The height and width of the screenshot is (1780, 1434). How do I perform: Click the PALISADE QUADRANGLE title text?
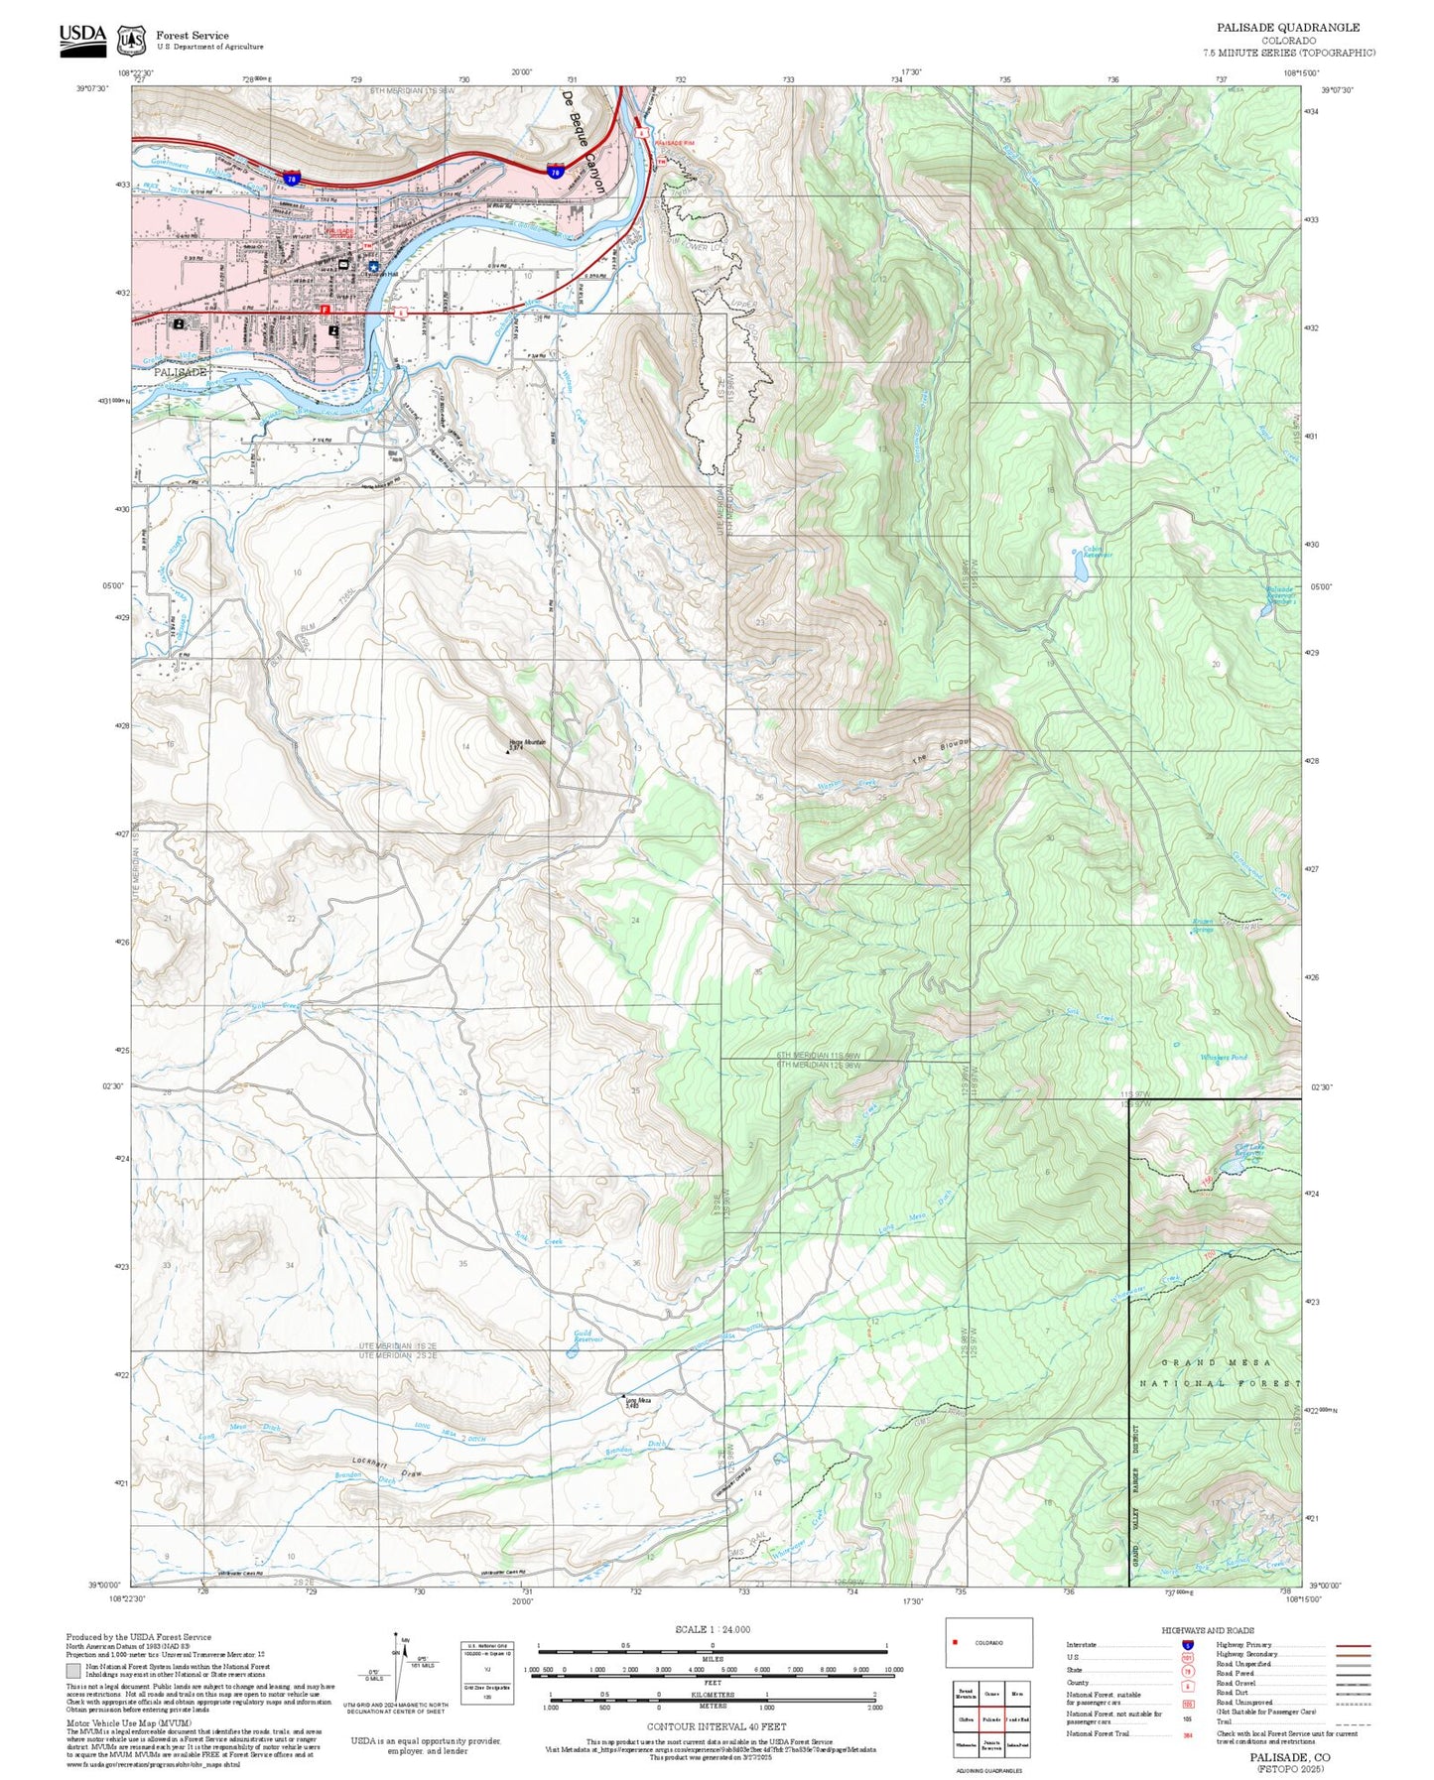pos(1288,28)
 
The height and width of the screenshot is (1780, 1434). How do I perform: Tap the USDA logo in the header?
pos(82,36)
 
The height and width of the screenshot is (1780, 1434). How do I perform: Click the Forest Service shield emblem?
pos(131,40)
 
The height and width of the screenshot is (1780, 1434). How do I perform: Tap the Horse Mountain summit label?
pos(527,743)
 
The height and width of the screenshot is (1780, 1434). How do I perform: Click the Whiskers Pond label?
pos(1223,1058)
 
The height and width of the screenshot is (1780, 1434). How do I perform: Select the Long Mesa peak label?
pos(637,1402)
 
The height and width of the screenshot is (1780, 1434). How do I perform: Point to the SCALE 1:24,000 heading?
pos(713,1629)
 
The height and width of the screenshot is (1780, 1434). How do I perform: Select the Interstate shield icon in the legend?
pos(1187,1644)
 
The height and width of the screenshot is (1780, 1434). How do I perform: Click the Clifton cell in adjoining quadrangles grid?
pos(965,1719)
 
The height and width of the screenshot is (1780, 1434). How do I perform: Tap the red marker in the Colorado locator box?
pos(955,1642)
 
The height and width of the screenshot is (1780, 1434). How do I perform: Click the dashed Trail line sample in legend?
pos(1353,1723)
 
